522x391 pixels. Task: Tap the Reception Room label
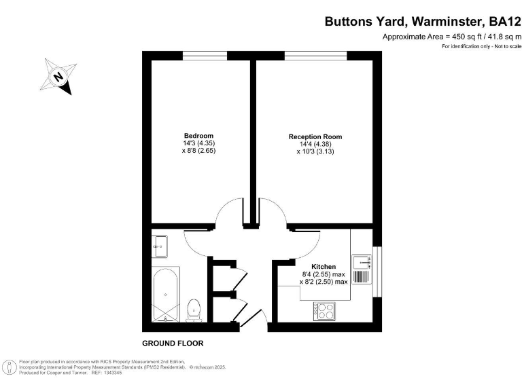coord(315,136)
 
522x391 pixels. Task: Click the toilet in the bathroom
coord(194,309)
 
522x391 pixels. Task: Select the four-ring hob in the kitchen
coord(324,311)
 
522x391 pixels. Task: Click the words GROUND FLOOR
coord(173,343)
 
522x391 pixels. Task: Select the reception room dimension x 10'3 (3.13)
coord(315,152)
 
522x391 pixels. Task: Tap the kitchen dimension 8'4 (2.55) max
coord(324,274)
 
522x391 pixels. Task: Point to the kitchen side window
coord(377,272)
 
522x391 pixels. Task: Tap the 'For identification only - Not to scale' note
coord(481,46)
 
